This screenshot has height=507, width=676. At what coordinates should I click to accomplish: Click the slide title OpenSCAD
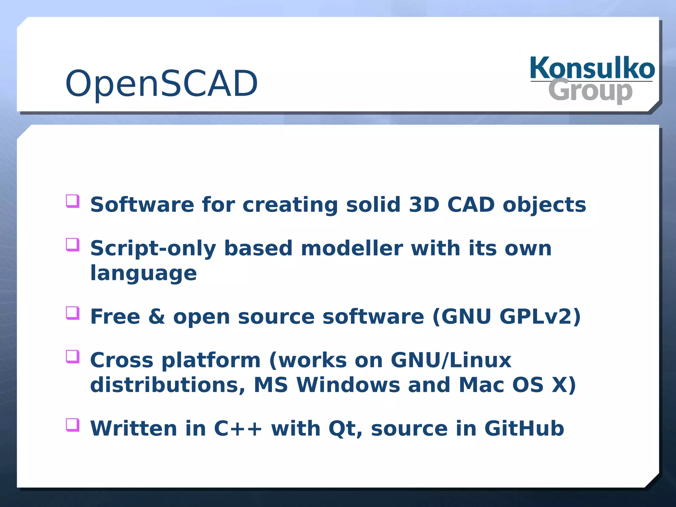pyautogui.click(x=161, y=84)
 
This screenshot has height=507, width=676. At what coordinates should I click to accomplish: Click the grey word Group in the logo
pyautogui.click(x=590, y=90)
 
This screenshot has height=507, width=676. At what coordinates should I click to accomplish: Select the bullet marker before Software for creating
pyautogui.click(x=73, y=201)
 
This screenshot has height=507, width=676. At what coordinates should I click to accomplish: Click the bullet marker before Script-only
pyautogui.click(x=73, y=245)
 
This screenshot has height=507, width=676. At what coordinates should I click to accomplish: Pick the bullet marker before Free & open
pyautogui.click(x=73, y=313)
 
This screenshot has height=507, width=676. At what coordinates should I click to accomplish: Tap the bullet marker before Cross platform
pyautogui.click(x=73, y=356)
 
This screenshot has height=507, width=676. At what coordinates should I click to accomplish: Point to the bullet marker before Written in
pyautogui.click(x=73, y=425)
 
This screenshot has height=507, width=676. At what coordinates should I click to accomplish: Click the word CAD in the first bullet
pyautogui.click(x=471, y=205)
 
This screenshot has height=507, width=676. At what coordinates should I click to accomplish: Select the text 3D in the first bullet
pyautogui.click(x=424, y=205)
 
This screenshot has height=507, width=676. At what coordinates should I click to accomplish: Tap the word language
pyautogui.click(x=143, y=274)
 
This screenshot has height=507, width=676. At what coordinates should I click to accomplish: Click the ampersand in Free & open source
pyautogui.click(x=156, y=317)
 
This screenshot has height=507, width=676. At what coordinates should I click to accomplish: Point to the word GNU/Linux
pyautogui.click(x=451, y=360)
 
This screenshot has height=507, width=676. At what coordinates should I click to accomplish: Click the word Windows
pyautogui.click(x=348, y=385)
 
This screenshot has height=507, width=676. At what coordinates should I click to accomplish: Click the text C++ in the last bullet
pyautogui.click(x=238, y=428)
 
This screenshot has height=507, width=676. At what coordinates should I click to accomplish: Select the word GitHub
pyautogui.click(x=524, y=428)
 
